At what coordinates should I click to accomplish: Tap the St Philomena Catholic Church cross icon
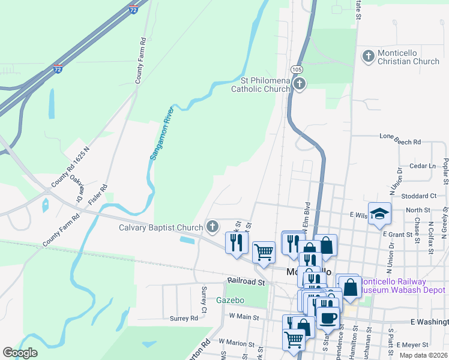click(300, 85)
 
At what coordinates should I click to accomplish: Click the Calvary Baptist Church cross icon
click(211, 227)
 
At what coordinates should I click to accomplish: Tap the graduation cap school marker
click(379, 214)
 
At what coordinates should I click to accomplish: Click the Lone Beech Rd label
click(400, 142)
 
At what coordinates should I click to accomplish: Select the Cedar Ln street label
click(423, 166)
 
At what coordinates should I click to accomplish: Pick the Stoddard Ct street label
click(420, 196)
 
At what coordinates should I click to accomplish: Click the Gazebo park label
click(231, 300)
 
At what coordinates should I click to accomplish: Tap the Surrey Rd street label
click(184, 318)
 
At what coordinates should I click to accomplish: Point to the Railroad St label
click(246, 281)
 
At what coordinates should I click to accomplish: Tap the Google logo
click(20, 352)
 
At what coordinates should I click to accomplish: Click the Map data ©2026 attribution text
click(423, 355)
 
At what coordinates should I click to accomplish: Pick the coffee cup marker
click(328, 317)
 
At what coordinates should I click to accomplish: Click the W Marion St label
click(237, 342)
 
